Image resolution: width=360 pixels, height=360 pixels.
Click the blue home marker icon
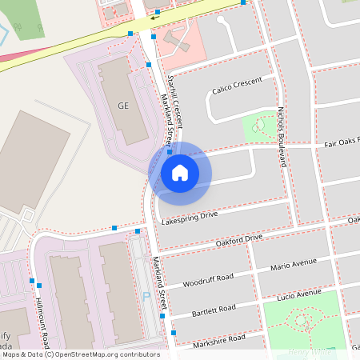point(180,173)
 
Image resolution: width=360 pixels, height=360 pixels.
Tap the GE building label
point(122,106)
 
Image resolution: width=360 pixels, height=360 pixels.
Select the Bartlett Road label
point(214,309)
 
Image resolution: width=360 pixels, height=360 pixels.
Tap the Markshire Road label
point(219,341)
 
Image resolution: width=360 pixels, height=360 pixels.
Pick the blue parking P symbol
point(146,296)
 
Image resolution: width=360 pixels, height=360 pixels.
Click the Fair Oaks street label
point(342,142)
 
